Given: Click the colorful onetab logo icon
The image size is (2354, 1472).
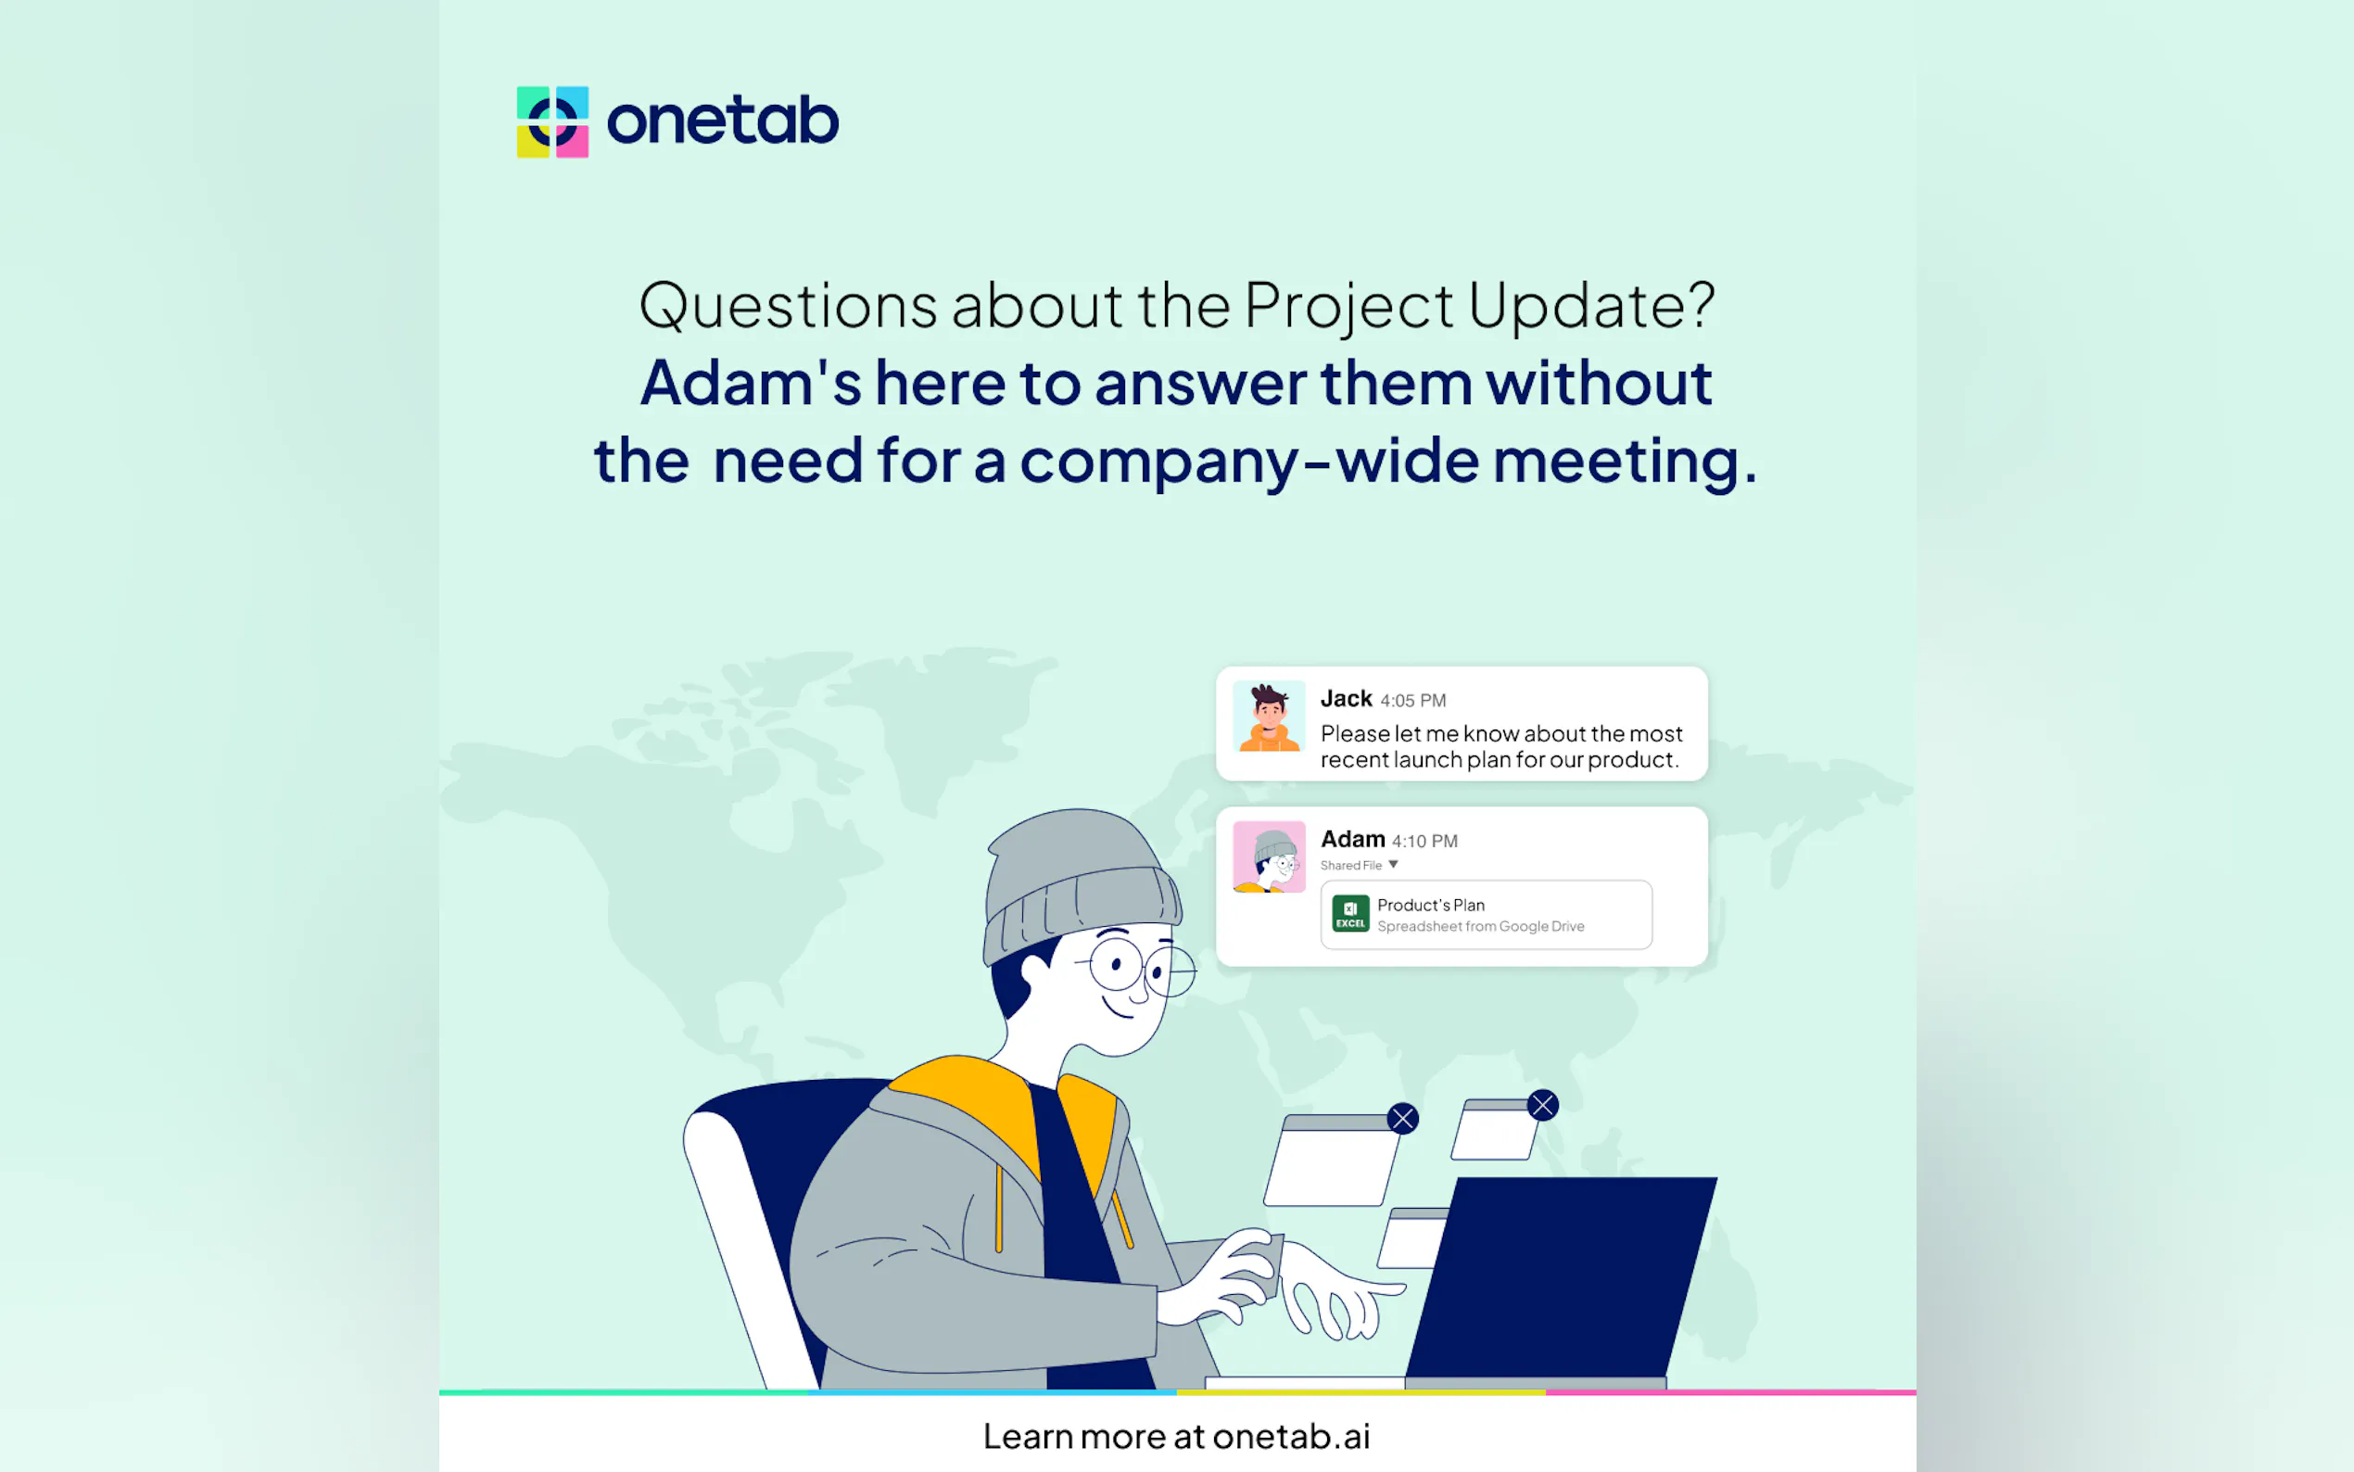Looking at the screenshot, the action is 551,121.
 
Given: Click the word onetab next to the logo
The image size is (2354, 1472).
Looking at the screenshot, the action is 722,121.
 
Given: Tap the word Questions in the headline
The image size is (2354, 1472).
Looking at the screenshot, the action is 787,306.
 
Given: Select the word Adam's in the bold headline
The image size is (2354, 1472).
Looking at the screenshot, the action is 750,383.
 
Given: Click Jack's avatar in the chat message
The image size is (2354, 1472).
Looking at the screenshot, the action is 1268,717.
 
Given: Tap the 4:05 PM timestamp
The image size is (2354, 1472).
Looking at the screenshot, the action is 1413,701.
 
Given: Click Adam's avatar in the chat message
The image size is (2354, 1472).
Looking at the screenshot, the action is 1268,857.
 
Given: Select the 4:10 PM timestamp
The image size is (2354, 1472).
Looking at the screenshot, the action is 1424,841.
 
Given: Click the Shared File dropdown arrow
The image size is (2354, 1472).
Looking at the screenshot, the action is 1393,865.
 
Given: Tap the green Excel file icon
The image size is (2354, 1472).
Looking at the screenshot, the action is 1349,914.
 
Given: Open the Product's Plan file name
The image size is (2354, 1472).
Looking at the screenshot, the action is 1431,906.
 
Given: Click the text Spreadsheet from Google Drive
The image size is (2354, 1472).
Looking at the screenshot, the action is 1480,927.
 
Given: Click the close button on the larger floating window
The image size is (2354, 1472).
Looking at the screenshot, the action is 1402,1119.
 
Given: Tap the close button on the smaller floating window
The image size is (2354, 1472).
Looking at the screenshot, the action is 1542,1105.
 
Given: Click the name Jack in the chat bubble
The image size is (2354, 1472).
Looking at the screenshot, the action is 1346,699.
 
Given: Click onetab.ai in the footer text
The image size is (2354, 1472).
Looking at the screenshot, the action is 1290,1437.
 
